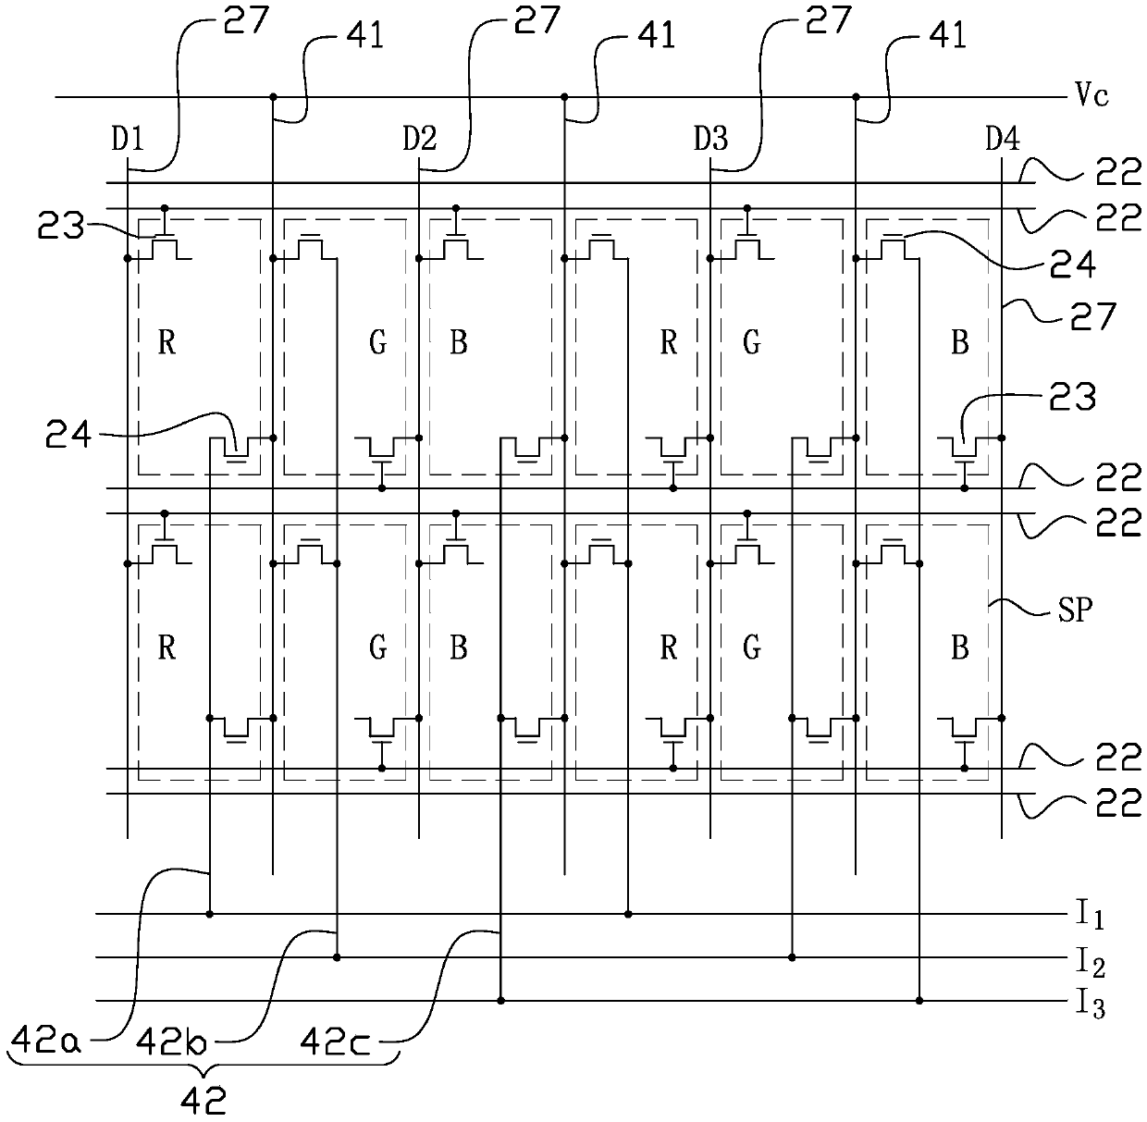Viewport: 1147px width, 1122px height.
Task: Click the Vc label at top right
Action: click(1092, 95)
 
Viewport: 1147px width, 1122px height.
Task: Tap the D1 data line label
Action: click(128, 139)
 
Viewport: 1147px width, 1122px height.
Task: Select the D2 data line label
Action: click(420, 139)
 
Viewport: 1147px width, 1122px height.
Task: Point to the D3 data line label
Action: click(710, 139)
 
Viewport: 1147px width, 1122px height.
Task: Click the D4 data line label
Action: click(1003, 139)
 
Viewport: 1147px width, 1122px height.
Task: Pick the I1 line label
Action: click(1090, 916)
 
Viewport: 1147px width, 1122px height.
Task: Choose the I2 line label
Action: click(1090, 960)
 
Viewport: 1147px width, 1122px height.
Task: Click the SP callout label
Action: click(1075, 610)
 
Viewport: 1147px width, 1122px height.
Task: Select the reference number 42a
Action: click(46, 1040)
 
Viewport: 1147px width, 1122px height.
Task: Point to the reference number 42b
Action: click(171, 1041)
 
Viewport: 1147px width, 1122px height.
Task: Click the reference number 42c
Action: click(335, 1041)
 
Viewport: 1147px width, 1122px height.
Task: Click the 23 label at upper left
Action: click(60, 225)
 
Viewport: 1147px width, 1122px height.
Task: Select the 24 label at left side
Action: click(68, 436)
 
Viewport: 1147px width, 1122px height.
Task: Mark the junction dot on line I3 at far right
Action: click(919, 1001)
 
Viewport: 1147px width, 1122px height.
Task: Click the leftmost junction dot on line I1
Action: click(209, 914)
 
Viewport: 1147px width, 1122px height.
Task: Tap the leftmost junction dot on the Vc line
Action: click(273, 96)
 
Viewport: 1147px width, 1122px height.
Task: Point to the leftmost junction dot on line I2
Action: click(337, 957)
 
